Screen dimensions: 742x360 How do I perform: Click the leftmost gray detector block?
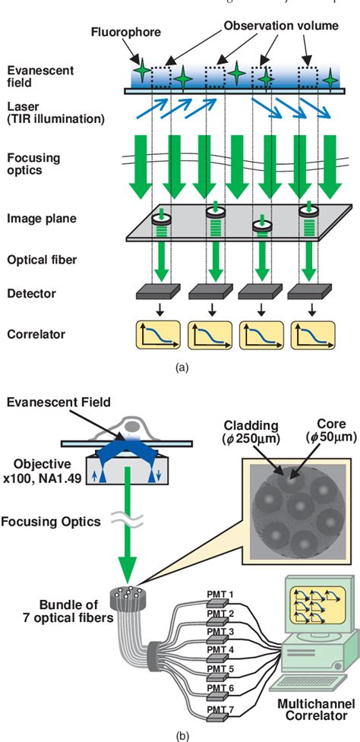157,292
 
